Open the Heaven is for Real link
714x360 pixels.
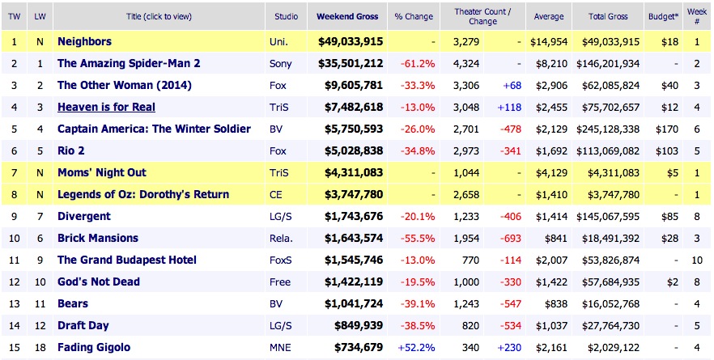(106, 107)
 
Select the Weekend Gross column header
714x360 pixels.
(346, 16)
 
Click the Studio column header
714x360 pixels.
(285, 16)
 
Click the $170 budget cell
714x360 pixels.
(666, 129)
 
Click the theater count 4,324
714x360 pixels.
(476, 63)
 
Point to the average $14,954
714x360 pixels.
(546, 40)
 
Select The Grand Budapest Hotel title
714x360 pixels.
(127, 260)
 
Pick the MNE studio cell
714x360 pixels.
(279, 348)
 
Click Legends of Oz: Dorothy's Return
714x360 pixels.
(143, 194)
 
